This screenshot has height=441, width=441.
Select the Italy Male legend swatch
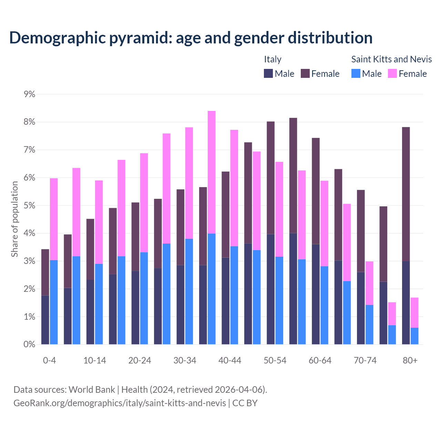pyautogui.click(x=268, y=73)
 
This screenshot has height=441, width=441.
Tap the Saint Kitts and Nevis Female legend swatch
pyautogui.click(x=392, y=73)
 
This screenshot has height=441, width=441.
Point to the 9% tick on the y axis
pyautogui.click(x=30, y=94)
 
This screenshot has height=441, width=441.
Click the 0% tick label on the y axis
pyautogui.click(x=30, y=344)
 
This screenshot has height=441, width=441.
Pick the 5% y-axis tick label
pyautogui.click(x=30, y=206)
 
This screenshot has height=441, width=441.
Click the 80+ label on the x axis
pyautogui.click(x=410, y=360)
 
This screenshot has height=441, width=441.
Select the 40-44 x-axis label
pyautogui.click(x=230, y=360)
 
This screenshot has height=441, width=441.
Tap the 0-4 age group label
pyautogui.click(x=49, y=360)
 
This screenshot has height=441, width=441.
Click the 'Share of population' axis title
pyautogui.click(x=14, y=219)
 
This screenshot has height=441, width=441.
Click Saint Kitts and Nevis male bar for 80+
pyautogui.click(x=414, y=336)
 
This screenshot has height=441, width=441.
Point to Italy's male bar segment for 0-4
pyautogui.click(x=45, y=320)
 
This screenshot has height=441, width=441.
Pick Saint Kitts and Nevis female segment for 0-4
pyautogui.click(x=54, y=219)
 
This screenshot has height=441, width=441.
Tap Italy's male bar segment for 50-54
pyautogui.click(x=271, y=289)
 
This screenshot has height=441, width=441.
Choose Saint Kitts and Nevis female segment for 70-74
pyautogui.click(x=369, y=283)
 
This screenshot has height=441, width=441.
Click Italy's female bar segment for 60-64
pyautogui.click(x=316, y=191)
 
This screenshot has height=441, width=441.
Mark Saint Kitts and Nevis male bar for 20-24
pyautogui.click(x=144, y=298)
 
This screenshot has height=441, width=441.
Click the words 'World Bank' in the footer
pyautogui.click(x=92, y=390)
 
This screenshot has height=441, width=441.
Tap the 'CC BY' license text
pyautogui.click(x=245, y=403)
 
